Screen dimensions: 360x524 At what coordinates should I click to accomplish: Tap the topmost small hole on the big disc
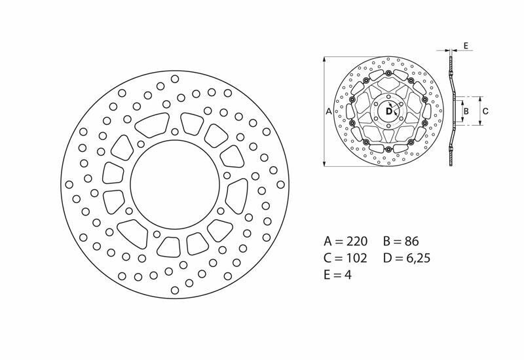pos(175,79)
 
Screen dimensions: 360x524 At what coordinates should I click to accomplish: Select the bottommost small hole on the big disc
pos(175,291)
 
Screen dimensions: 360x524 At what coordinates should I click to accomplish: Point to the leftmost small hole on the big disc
pos(69,185)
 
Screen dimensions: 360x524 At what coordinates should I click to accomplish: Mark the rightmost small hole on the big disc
pos(281,185)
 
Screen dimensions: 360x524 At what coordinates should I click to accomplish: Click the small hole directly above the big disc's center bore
pos(174,132)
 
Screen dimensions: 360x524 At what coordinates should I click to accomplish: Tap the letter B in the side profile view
pos(466,111)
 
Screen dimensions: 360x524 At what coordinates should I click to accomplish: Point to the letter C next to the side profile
pos(485,111)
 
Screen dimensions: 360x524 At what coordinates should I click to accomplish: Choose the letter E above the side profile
pos(465,45)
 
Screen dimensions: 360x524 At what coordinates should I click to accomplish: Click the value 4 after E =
pos(348,276)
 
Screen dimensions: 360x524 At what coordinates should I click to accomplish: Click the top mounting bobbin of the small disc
pos(388,81)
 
